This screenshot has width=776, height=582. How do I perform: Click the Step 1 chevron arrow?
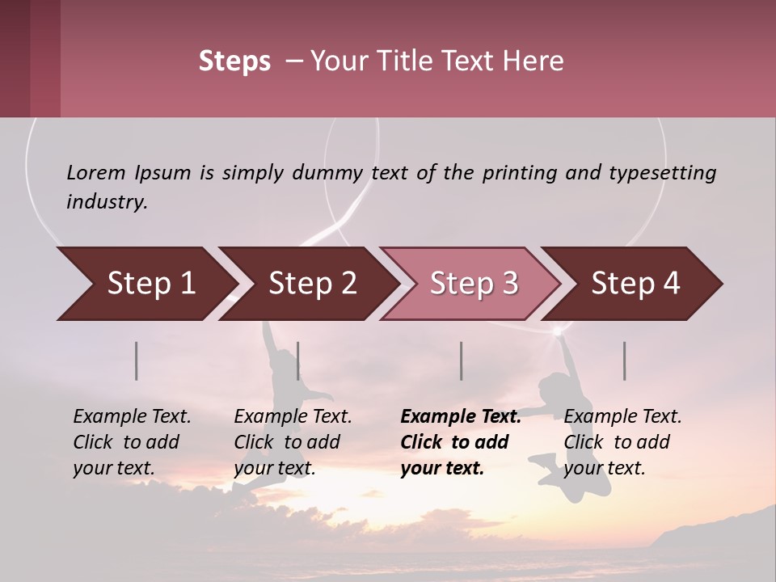point(145,284)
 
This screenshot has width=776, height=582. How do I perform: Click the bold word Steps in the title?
point(234,61)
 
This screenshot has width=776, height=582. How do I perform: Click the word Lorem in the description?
point(95,172)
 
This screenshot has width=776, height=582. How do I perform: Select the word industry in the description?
point(107,202)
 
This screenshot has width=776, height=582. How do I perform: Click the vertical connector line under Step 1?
point(137,361)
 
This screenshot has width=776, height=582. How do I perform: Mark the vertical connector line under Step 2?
point(298,361)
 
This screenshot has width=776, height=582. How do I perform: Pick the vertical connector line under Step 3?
point(461,361)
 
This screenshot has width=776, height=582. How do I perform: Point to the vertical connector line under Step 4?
point(624,361)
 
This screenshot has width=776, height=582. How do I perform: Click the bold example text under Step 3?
point(460,442)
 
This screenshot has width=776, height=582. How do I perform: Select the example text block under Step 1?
point(132,442)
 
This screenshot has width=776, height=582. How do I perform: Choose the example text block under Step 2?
point(293,442)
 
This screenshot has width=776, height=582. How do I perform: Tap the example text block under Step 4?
point(622,442)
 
